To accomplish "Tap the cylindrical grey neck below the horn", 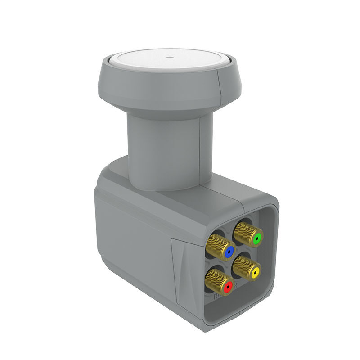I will pos(162,148).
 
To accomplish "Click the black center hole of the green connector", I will pos(256,238).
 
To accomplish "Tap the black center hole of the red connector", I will pos(228,286).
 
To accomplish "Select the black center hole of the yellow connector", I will pos(256,273).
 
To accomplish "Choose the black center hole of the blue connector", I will pos(229,251).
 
